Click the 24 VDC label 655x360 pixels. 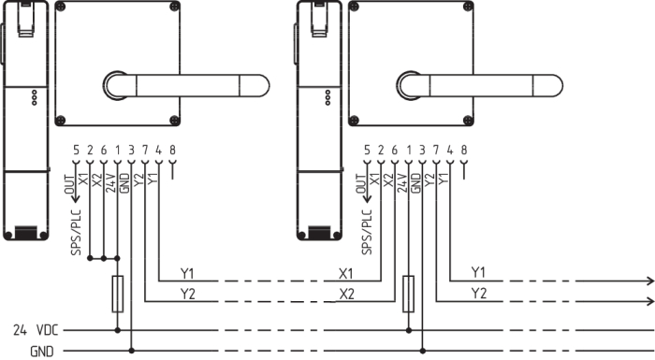pyautogui.click(x=36, y=330)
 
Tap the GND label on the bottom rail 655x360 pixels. pyautogui.click(x=42, y=352)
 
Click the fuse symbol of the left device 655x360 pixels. pyautogui.click(x=117, y=294)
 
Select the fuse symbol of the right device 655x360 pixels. pyautogui.click(x=408, y=294)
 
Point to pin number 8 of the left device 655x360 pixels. pyautogui.click(x=172, y=150)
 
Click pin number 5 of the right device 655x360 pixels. pyautogui.click(x=367, y=150)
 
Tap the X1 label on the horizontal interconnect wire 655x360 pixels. pyautogui.click(x=346, y=274)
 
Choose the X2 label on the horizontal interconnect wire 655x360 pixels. pyautogui.click(x=346, y=294)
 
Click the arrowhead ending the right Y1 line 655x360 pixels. pyautogui.click(x=650, y=281)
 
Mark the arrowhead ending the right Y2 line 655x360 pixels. pyautogui.click(x=650, y=301)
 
